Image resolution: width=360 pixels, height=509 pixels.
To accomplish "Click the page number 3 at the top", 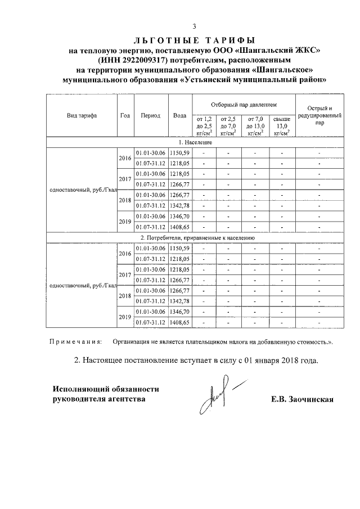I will (194, 26).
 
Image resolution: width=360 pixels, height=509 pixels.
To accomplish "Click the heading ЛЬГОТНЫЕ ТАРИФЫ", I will (194, 40).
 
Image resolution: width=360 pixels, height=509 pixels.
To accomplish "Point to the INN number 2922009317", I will (150, 60).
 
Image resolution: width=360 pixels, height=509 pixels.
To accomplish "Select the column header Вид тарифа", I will (82, 115).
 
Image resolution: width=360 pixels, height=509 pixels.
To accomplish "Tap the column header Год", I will (125, 115).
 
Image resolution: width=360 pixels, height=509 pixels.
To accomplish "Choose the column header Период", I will (151, 115).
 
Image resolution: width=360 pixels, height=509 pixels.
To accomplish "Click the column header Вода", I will (180, 115).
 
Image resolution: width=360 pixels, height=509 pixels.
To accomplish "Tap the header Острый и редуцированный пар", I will (319, 115).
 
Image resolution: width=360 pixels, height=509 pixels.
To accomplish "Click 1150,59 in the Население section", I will (181, 152).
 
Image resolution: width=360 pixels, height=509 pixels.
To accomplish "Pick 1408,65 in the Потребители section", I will (181, 322).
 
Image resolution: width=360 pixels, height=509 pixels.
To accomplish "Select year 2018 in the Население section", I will (125, 200).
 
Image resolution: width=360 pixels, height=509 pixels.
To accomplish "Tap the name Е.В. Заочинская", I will (302, 399).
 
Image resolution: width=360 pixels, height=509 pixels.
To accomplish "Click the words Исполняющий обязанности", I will (105, 389).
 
